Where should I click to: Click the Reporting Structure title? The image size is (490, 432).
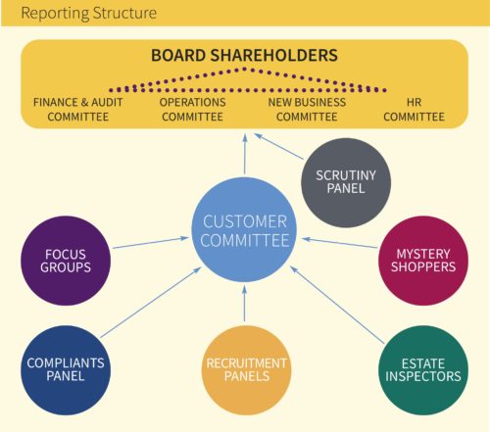pos(88,14)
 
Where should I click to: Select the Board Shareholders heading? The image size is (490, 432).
pos(244,55)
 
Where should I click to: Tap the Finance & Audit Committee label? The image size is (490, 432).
pos(78,110)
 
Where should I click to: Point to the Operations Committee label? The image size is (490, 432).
pos(192,110)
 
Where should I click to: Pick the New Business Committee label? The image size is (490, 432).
pos(307,110)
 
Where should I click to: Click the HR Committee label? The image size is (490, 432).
pos(414,110)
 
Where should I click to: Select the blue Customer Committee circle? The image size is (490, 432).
pos(244,230)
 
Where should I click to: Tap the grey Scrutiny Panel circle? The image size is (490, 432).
pos(346,182)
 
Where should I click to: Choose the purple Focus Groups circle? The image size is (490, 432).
pos(66,261)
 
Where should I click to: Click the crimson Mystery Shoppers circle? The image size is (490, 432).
pos(423,261)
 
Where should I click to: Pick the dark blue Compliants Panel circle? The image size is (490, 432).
pos(66,370)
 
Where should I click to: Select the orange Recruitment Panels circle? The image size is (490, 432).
pos(247,370)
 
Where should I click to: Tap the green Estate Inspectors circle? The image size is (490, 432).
pos(423,370)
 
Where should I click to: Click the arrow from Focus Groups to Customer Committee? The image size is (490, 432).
pos(151,243)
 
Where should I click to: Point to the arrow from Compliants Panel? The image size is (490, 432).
pos(151,303)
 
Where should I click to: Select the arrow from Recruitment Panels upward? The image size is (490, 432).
pos(244,304)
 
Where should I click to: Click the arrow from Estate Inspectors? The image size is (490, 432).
pos(337,305)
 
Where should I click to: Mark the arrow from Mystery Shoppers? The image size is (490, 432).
pos(339,243)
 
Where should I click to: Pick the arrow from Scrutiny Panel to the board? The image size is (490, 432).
pos(278,146)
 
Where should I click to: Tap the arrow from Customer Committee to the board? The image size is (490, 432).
pos(245,154)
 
